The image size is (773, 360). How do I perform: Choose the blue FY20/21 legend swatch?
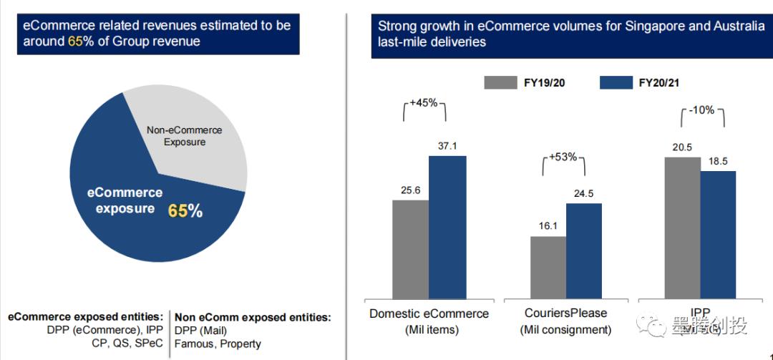pos(616,82)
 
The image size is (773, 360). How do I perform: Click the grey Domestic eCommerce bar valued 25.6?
pos(410,248)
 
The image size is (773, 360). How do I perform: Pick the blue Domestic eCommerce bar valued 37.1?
pos(447,226)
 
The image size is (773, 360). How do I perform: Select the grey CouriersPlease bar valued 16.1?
pos(548,266)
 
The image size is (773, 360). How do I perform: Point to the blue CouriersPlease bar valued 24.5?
pos(584,250)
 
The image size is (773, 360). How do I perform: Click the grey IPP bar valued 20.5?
pos(682,227)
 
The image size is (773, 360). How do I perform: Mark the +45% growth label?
pos(424,102)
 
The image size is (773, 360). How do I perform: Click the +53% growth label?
pos(563,157)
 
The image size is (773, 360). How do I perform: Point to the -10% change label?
pos(702,110)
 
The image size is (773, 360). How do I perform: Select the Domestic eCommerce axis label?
pos(429,313)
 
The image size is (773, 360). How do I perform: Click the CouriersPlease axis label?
pos(565,313)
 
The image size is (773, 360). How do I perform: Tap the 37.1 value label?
pos(447,146)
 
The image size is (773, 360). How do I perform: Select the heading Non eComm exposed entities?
pos(253,316)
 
